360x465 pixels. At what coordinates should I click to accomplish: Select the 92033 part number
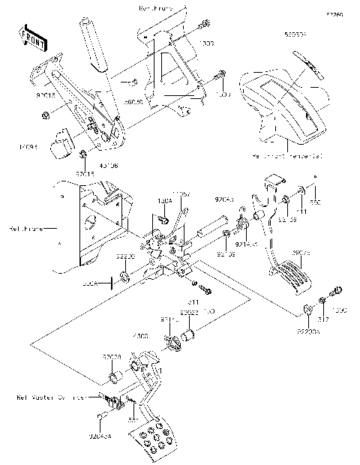click(x=112, y=357)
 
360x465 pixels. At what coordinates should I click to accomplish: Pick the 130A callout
click(x=164, y=201)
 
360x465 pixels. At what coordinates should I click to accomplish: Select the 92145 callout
click(x=246, y=244)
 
